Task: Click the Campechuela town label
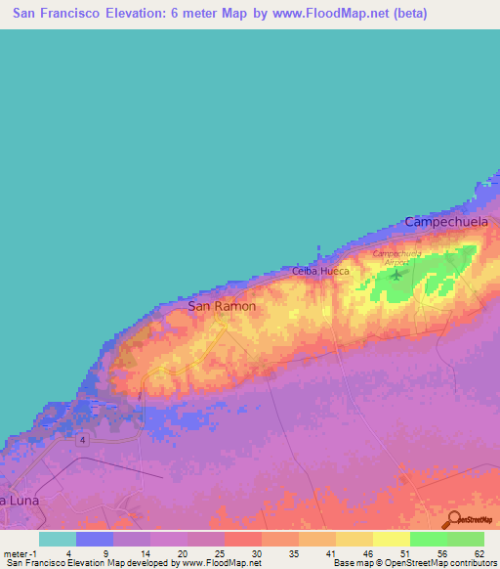(445, 223)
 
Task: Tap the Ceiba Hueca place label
(320, 271)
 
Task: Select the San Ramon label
(222, 306)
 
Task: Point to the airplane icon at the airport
(396, 273)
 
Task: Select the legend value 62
(479, 553)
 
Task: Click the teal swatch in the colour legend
(57, 539)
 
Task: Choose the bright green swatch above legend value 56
(428, 539)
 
